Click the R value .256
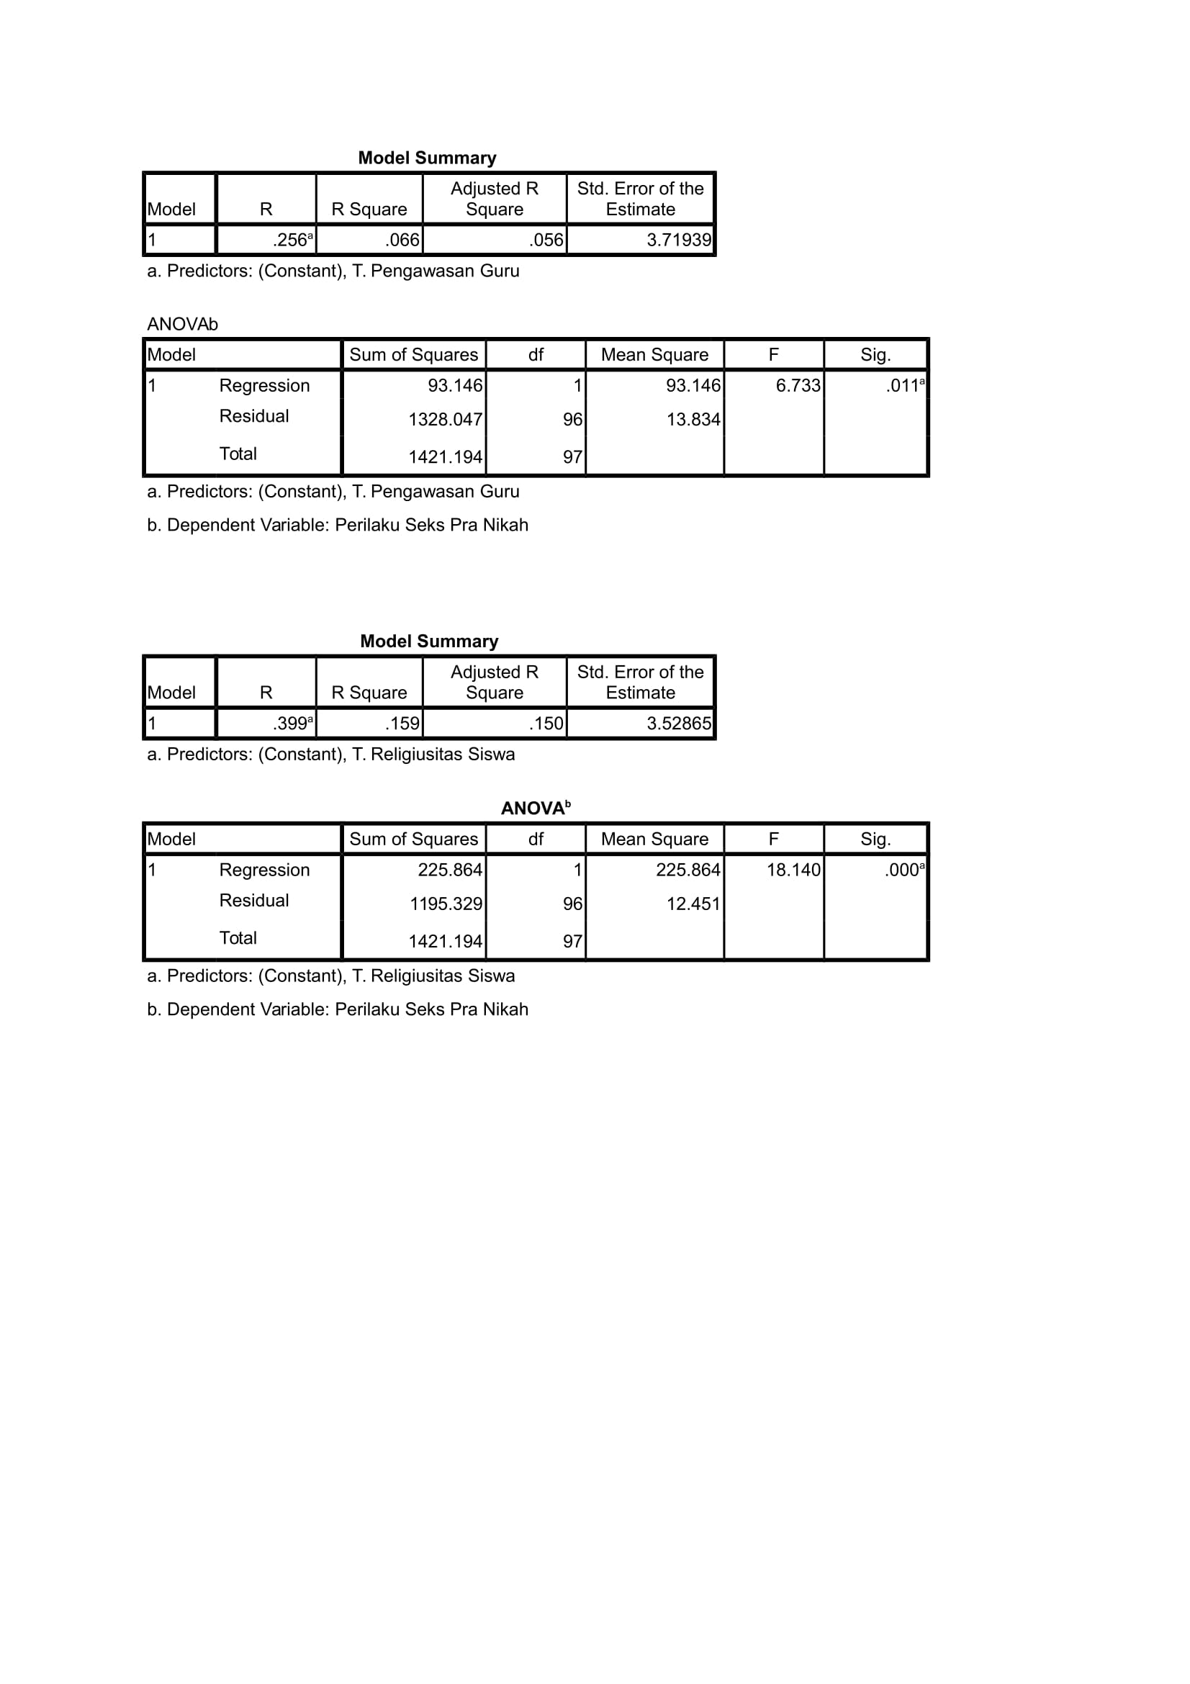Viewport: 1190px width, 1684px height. pos(291,240)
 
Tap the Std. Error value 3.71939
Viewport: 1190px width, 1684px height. pos(678,240)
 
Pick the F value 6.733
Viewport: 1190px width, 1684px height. pos(798,386)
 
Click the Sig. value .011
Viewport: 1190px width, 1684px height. pos(903,386)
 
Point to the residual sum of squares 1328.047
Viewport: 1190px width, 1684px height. pos(445,420)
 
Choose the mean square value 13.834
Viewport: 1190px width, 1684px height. pos(693,420)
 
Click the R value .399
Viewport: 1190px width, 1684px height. pos(291,724)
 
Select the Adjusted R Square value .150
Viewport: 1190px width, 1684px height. pos(546,724)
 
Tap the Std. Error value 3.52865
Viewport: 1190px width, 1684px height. pos(678,724)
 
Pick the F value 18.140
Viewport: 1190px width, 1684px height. pos(793,870)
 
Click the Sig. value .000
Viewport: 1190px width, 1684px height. pos(903,870)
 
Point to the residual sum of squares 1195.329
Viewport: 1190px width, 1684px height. pos(445,904)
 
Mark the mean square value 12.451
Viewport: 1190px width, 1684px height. pos(693,904)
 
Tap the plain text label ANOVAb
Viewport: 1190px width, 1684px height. pos(183,324)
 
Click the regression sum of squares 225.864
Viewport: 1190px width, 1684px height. pos(449,870)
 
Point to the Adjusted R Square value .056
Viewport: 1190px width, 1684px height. pos(546,240)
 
